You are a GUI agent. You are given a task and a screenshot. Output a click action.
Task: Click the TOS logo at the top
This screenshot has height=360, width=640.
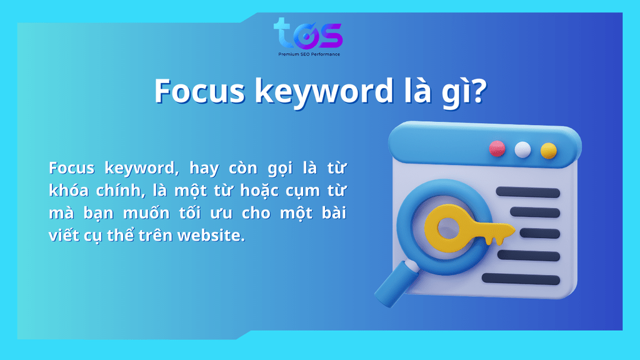pos(308,34)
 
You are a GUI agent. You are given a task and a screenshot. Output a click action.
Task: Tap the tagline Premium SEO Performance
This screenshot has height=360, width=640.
pos(309,54)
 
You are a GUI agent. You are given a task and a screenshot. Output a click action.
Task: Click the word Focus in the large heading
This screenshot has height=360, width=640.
pos(199,91)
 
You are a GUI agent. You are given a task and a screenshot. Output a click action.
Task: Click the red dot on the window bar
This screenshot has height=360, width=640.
pos(497,149)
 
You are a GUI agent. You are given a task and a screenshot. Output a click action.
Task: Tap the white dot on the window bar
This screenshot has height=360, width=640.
pos(522,150)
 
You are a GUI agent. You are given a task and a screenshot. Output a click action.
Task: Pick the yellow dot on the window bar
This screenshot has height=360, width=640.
pos(548,151)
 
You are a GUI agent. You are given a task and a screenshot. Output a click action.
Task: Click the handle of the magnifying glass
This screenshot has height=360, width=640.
pos(396,284)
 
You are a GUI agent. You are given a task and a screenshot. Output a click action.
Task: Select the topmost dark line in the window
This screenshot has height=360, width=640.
pos(527,192)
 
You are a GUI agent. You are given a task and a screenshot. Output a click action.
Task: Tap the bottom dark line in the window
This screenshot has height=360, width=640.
pos(521,279)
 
